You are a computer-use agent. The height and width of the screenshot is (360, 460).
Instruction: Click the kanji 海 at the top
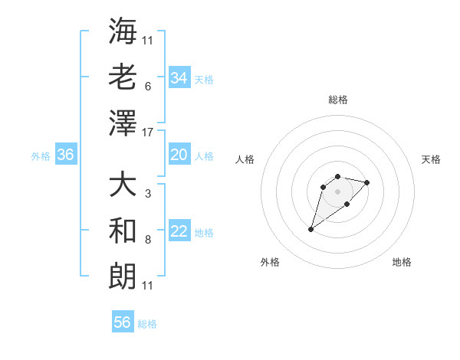123,31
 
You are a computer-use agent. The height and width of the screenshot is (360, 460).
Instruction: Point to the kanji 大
123,184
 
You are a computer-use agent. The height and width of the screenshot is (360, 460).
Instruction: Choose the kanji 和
123,230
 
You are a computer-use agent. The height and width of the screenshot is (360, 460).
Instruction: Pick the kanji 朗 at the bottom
123,275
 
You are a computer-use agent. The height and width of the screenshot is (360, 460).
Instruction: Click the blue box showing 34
179,77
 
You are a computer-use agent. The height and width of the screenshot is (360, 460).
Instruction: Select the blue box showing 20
179,155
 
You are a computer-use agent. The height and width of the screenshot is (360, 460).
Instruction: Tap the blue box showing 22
179,231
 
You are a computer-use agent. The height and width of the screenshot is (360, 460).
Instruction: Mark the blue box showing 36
66,155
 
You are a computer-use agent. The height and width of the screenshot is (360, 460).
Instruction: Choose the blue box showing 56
123,322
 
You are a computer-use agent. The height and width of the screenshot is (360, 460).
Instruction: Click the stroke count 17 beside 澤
149,132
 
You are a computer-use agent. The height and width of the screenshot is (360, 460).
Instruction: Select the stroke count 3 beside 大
147,194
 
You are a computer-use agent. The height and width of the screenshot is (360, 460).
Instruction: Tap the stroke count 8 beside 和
147,240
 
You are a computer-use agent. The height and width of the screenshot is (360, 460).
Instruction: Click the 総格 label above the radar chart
337,100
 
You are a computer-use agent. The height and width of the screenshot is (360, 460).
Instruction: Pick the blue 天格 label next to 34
204,79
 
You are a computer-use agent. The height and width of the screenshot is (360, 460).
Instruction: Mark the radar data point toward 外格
311,229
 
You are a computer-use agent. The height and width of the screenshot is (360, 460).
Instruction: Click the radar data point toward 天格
367,182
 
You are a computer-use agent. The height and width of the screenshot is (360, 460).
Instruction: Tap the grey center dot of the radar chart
337,191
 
